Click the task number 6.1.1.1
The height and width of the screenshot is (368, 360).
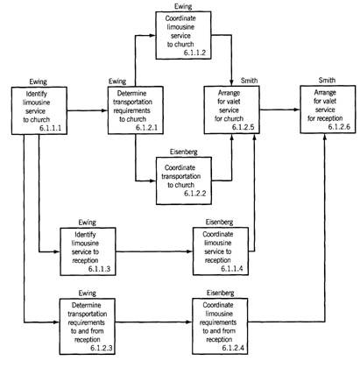tap(50, 128)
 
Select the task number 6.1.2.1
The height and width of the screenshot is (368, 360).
tap(146, 128)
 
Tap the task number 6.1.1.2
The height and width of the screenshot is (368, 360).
tap(194, 53)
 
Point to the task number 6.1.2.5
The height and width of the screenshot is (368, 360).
tap(243, 127)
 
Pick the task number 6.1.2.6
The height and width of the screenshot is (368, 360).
tap(339, 127)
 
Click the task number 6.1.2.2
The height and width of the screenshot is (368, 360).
tap(195, 193)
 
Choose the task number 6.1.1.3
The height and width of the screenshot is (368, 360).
tap(99, 269)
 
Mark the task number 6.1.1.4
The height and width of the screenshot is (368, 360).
tap(232, 268)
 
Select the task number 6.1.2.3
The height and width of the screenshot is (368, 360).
tap(102, 348)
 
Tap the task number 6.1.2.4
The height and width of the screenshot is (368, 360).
tap(233, 348)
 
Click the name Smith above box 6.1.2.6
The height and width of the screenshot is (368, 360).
tap(327, 80)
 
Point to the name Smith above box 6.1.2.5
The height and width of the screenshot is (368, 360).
tap(249, 81)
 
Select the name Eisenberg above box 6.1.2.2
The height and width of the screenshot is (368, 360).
tap(184, 152)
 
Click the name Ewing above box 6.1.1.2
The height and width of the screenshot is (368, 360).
tap(183, 6)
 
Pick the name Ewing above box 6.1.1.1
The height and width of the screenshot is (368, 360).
tap(38, 81)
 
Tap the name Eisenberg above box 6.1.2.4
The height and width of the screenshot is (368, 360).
tap(221, 293)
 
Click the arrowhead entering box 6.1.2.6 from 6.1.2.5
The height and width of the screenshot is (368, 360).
tap(297, 110)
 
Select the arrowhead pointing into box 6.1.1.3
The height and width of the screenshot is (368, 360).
tap(56, 251)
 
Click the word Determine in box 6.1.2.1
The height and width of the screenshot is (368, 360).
tap(131, 94)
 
